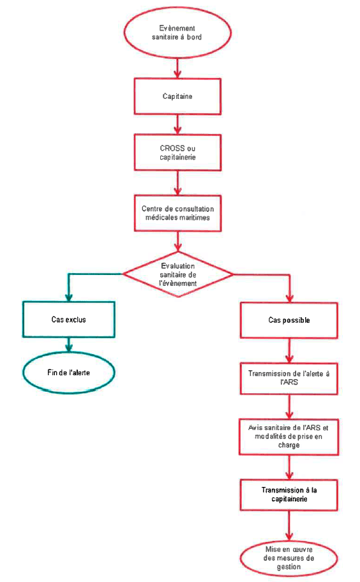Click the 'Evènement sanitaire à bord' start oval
pyautogui.click(x=177, y=33)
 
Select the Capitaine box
pyautogui.click(x=177, y=96)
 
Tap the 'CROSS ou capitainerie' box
pyautogui.click(x=177, y=153)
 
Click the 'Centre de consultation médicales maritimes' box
pyautogui.click(x=178, y=213)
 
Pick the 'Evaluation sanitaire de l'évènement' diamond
pyautogui.click(x=178, y=274)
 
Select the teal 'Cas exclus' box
pyautogui.click(x=69, y=319)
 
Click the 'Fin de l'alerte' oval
pyautogui.click(x=69, y=372)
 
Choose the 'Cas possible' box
pyautogui.click(x=289, y=320)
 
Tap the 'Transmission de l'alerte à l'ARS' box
pyautogui.click(x=289, y=378)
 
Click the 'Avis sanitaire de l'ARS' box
pyautogui.click(x=289, y=436)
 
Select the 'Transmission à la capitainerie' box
pyautogui.click(x=289, y=495)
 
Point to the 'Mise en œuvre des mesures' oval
pyautogui.click(x=289, y=558)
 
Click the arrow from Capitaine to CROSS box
pyautogui.click(x=178, y=124)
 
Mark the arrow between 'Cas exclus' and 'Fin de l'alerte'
pyautogui.click(x=69, y=345)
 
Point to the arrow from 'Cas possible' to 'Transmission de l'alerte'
pyautogui.click(x=289, y=350)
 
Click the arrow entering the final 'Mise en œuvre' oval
pyautogui.click(x=289, y=526)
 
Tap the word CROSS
pyautogui.click(x=172, y=148)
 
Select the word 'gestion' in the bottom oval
pyautogui.click(x=289, y=567)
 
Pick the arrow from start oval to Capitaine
pyautogui.click(x=178, y=68)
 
